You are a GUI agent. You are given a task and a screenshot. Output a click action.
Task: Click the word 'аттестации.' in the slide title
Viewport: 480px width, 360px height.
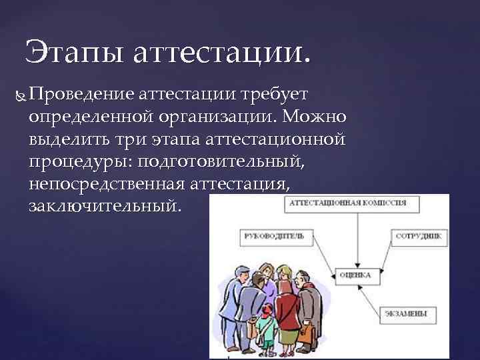coord(221,52)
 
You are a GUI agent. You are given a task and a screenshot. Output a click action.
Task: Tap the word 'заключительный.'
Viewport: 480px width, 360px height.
coord(105,205)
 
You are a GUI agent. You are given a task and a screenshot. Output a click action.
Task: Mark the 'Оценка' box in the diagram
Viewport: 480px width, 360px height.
coord(355,274)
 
